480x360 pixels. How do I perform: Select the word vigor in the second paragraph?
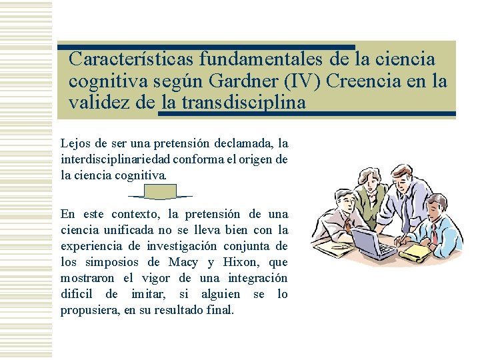click(x=145, y=278)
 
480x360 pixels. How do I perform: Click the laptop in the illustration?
click(x=373, y=244)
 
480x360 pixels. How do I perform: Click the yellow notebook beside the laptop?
click(x=416, y=251)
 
